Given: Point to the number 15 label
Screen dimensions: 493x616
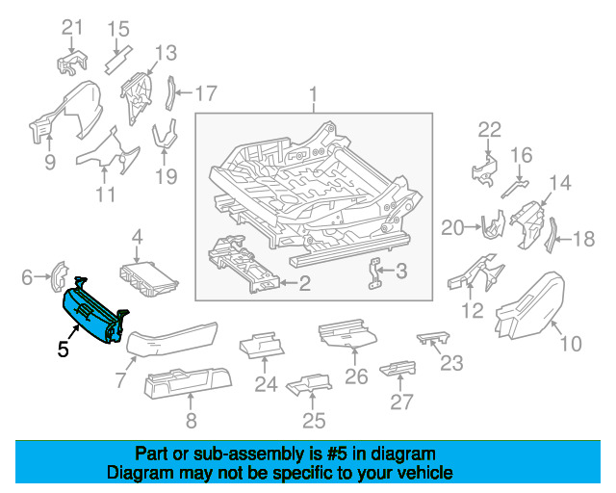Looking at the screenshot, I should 118,28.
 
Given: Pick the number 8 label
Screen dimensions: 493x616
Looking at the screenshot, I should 191,420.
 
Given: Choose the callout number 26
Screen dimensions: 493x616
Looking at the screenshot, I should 356,376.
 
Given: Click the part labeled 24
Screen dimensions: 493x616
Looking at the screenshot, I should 262,346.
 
